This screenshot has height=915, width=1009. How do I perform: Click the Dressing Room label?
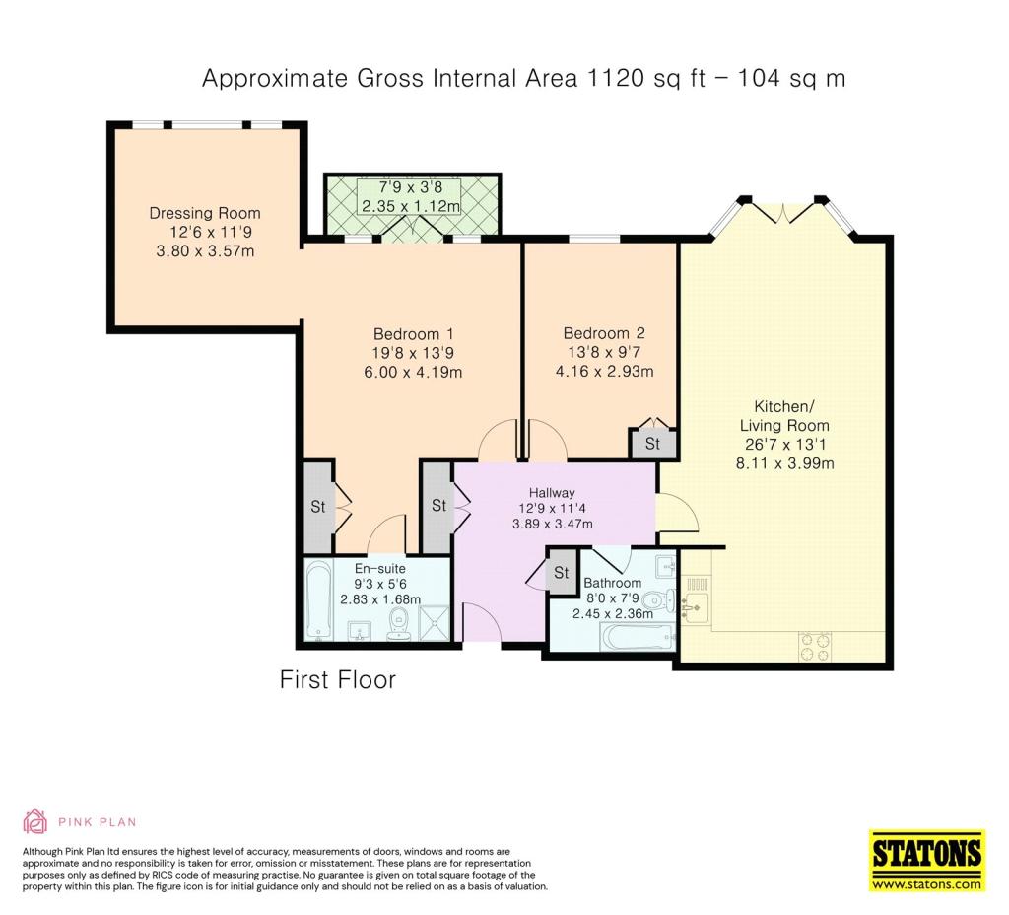point(205,213)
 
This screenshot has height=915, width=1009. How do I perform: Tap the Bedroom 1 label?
point(413,334)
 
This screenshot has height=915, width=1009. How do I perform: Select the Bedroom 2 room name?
point(604,333)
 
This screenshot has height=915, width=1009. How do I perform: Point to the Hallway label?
point(552,493)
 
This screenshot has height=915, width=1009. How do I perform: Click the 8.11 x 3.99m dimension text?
point(784,463)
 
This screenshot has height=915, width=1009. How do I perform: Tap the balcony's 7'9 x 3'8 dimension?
point(411,188)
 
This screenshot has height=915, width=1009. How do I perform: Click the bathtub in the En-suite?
point(317,600)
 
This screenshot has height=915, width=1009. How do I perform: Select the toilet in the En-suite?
point(399,625)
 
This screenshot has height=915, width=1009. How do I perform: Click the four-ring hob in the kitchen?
point(815,647)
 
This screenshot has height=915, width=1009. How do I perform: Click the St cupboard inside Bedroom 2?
point(652,443)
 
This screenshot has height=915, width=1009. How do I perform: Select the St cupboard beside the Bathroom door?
point(561,572)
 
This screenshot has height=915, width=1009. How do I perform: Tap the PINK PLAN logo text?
point(98,822)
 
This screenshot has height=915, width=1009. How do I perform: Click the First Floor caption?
point(338,680)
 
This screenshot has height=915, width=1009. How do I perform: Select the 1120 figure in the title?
point(614,78)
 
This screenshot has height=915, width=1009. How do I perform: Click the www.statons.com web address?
point(927,884)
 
